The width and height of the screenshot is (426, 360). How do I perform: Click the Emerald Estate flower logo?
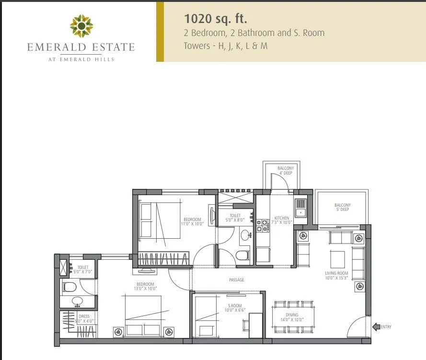(x=81, y=26)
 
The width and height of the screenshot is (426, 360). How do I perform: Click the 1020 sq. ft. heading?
(x=216, y=19)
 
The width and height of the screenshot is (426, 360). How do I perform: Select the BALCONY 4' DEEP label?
(x=285, y=170)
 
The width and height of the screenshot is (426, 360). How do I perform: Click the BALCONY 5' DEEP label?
(x=342, y=208)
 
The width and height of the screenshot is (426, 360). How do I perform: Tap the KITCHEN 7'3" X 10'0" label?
(x=281, y=220)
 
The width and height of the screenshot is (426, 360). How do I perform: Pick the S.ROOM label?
(x=234, y=308)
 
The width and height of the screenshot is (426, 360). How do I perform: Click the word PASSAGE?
(x=237, y=279)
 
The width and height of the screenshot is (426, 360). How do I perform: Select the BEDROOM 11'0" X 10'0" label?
(x=192, y=221)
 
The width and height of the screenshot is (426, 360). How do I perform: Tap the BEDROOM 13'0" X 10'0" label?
(x=145, y=286)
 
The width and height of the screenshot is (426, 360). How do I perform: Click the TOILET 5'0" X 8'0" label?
(x=235, y=218)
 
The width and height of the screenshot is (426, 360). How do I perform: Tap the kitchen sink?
(x=301, y=207)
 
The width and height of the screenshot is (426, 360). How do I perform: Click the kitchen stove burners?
(x=263, y=226)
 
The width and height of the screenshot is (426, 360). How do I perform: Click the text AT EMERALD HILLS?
(x=81, y=59)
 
